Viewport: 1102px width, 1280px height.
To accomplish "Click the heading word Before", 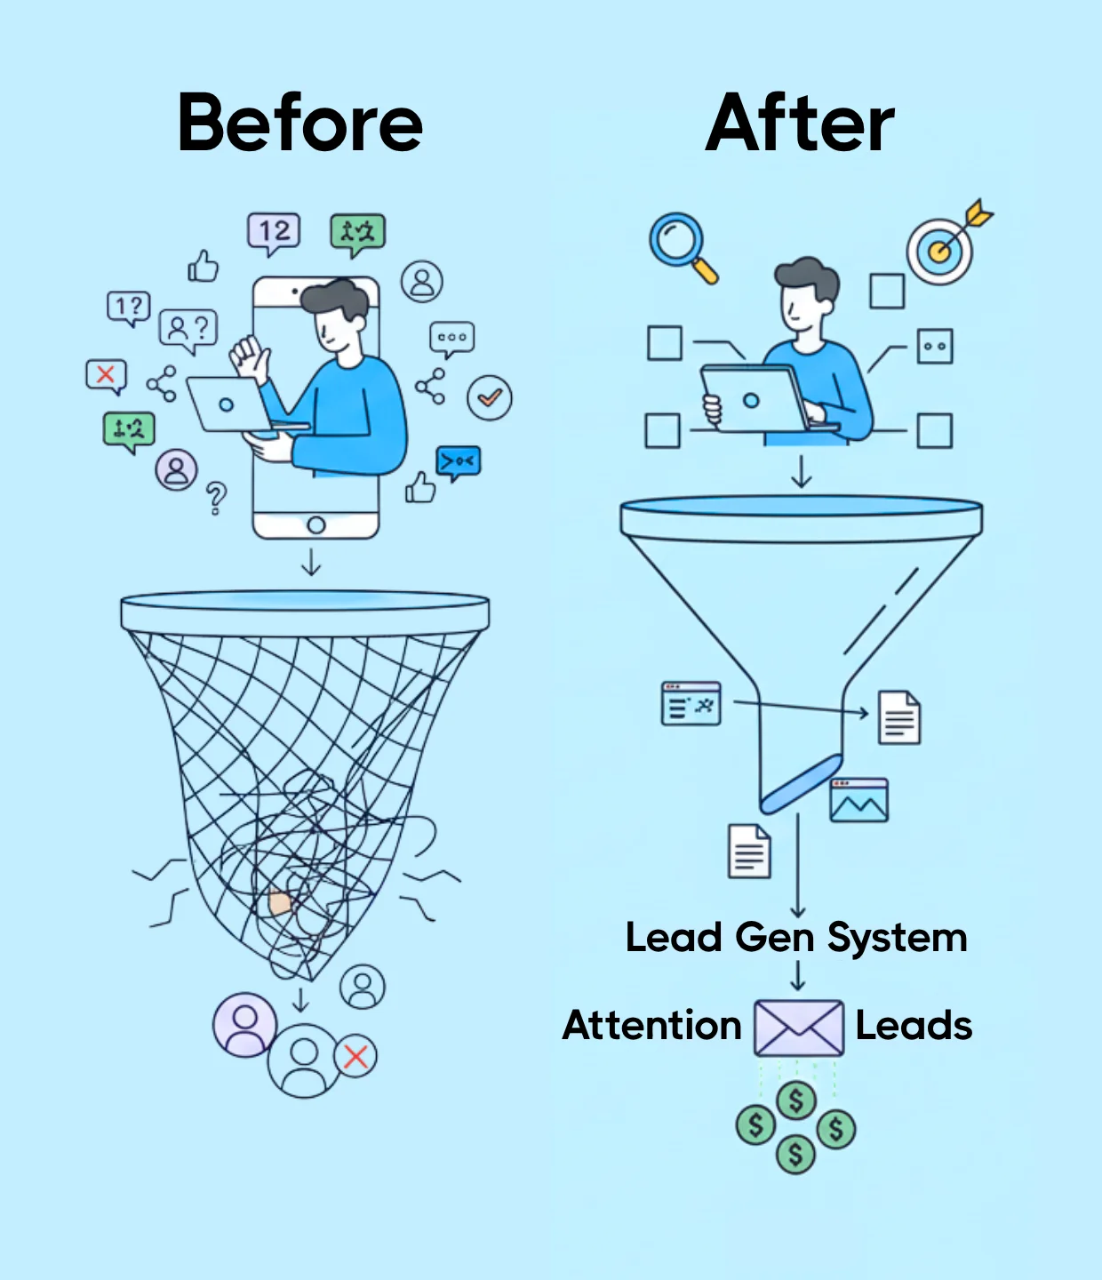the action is click(x=300, y=124).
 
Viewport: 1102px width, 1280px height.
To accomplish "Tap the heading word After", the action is click(x=800, y=124).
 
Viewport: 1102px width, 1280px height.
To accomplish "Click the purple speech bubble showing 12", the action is click(x=274, y=233).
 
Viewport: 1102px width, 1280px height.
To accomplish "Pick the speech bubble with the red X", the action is click(x=106, y=375).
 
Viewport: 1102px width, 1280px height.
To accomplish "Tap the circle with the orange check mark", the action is click(x=490, y=398).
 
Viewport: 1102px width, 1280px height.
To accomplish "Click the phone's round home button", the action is click(x=315, y=525).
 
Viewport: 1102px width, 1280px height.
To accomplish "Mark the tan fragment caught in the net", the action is click(x=280, y=904).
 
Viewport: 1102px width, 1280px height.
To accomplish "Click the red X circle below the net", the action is click(x=355, y=1056).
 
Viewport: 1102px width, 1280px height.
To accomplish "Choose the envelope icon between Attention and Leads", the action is click(x=798, y=1028).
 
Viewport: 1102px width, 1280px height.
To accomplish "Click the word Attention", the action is click(x=652, y=1026).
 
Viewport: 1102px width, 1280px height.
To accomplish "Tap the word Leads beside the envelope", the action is click(x=914, y=1026).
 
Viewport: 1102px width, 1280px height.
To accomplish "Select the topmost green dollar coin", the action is click(x=796, y=1100).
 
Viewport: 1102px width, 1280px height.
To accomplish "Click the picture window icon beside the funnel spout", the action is click(x=858, y=800).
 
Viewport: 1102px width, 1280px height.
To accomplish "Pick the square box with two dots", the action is click(x=934, y=346).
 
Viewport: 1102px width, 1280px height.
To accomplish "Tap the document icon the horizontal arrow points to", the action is click(x=899, y=717).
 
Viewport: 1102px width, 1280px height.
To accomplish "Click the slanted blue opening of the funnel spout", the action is click(x=802, y=783).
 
